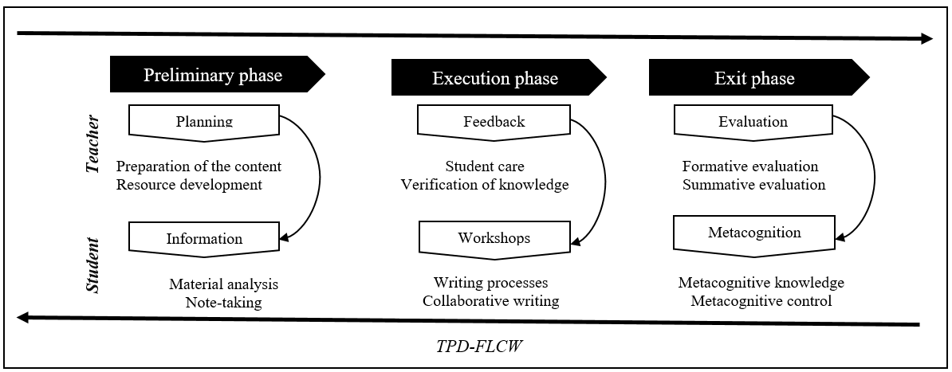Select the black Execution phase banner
tap(494, 78)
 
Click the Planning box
tap(203, 122)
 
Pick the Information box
tap(203, 238)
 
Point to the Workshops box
tap(494, 238)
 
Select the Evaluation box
tap(752, 122)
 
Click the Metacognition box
tap(753, 233)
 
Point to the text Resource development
tap(189, 185)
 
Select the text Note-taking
tap(223, 303)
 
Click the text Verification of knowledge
tap(484, 185)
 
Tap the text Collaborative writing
tap(491, 301)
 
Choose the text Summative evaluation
tap(753, 185)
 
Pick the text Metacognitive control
tap(761, 301)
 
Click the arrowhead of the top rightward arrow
tap(925, 38)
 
